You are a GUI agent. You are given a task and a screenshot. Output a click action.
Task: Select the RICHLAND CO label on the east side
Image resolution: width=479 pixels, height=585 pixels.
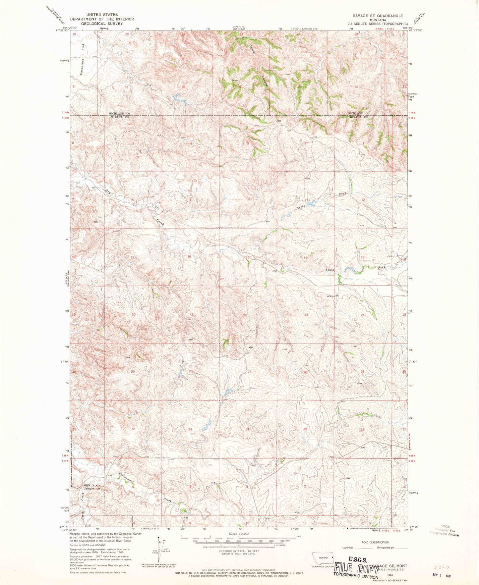coord(358,113)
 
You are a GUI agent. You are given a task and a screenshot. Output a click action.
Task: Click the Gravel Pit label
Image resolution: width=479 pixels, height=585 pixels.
coord(334,296)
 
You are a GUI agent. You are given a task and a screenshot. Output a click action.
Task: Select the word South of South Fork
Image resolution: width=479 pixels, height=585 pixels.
coord(330,270)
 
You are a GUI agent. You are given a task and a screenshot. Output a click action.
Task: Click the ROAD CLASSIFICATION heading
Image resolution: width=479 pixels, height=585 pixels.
coord(375,543)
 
